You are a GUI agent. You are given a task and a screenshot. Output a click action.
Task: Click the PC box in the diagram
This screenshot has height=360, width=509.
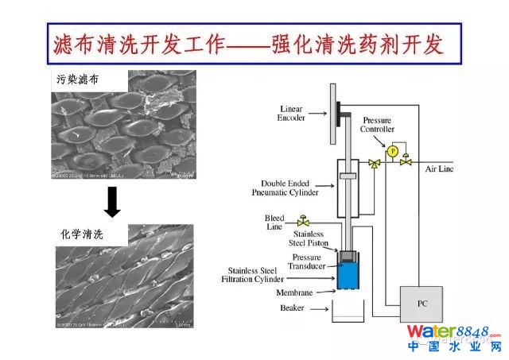point(422,303)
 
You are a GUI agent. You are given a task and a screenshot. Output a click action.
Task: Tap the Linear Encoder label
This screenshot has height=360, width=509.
point(292,112)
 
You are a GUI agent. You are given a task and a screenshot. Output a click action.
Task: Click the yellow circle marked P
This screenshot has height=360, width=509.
point(392,149)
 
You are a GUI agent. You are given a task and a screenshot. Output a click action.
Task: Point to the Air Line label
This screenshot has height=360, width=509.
point(441,169)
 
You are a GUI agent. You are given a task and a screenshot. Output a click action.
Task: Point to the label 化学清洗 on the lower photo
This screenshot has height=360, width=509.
point(82,234)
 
